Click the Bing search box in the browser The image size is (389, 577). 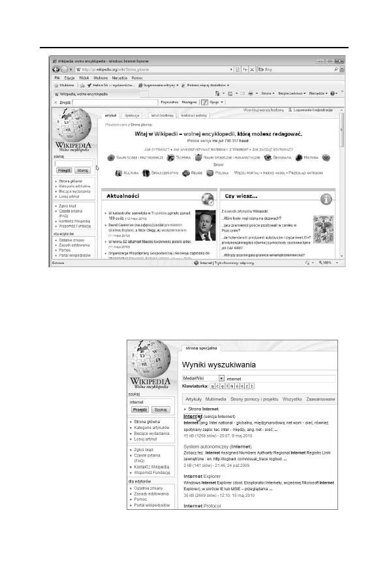click(x=297, y=68)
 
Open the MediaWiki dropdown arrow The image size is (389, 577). click(x=221, y=377)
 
